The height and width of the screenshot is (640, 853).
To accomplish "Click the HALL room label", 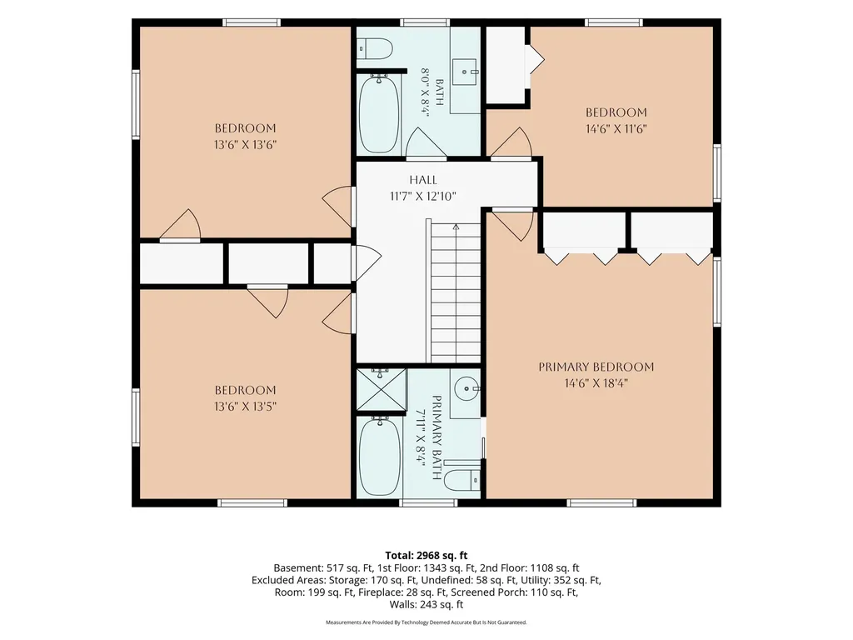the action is point(422,180).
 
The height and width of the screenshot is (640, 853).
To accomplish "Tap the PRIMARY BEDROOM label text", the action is point(596,367).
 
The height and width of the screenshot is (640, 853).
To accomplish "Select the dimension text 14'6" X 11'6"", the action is point(616,129).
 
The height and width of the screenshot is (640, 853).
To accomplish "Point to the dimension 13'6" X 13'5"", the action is point(246,406).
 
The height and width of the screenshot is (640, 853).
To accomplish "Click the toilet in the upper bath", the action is point(376,49).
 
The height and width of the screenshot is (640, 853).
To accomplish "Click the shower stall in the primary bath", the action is point(382,390).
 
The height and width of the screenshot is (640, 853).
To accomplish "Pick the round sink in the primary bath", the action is point(466,389).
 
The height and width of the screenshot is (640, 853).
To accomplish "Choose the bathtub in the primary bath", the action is point(379,457).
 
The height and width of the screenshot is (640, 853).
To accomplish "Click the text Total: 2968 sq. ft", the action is point(426,556).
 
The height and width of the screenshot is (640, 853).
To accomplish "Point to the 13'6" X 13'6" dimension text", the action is point(246,145).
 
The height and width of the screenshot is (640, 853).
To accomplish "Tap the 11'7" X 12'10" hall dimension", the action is point(422,197).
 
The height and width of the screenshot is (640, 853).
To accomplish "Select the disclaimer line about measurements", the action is point(426,622).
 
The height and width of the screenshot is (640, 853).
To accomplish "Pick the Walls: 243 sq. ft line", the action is point(426,604).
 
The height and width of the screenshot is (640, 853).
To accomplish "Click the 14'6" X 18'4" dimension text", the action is point(596,383).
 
